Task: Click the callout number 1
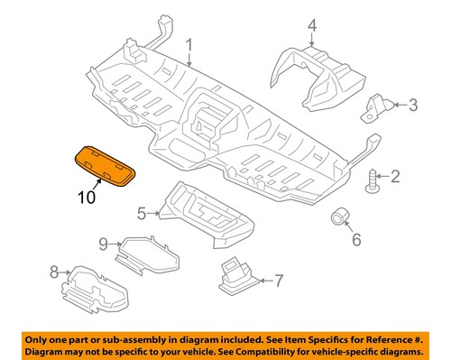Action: tap(190, 44)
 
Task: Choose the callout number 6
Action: tap(355, 240)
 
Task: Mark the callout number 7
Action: tap(278, 280)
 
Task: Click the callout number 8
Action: tap(53, 271)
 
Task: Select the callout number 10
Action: tap(87, 197)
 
